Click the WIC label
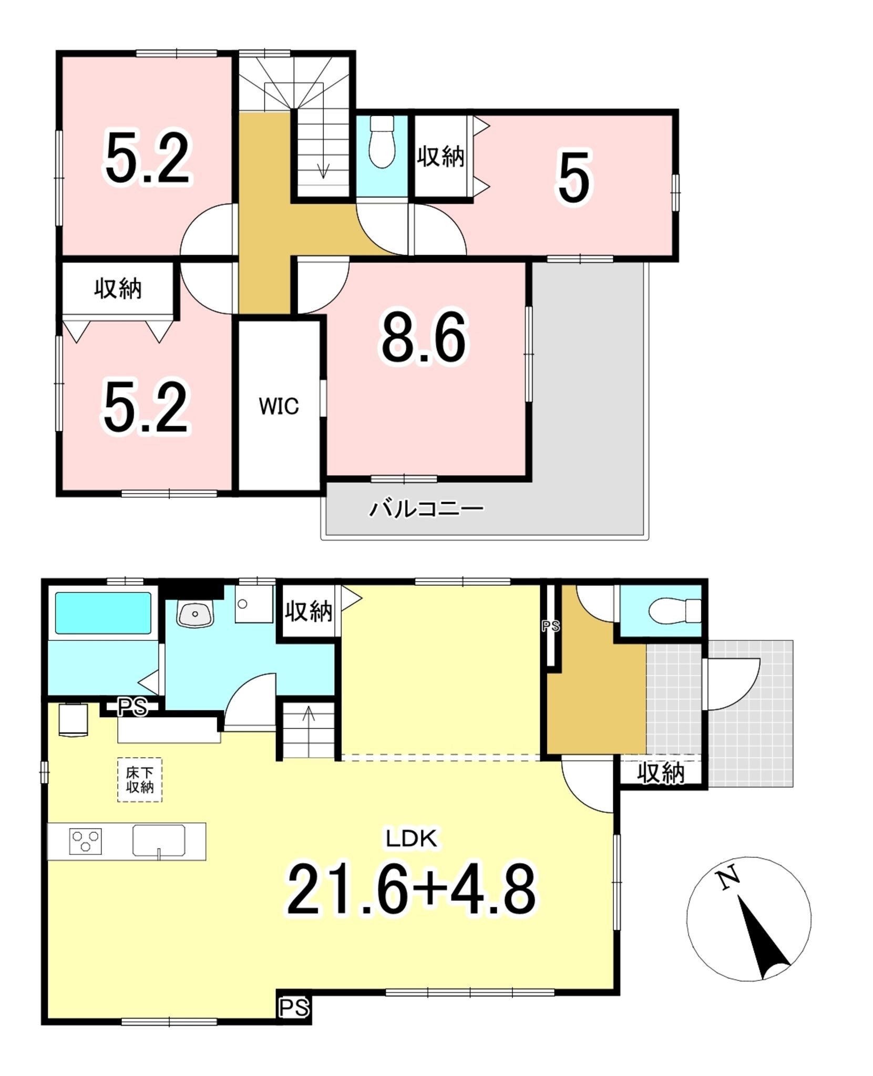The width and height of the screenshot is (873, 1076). (279, 406)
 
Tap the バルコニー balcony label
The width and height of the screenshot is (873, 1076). (426, 509)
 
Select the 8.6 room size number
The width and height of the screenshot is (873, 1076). (424, 337)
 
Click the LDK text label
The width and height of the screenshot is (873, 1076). (412, 839)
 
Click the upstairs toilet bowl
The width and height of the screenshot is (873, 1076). (382, 141)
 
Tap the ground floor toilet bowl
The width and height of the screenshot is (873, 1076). (675, 611)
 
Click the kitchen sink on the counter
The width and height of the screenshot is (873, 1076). (159, 841)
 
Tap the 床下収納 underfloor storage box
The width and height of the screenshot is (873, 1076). (139, 780)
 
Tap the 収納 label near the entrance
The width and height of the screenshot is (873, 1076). (661, 774)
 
